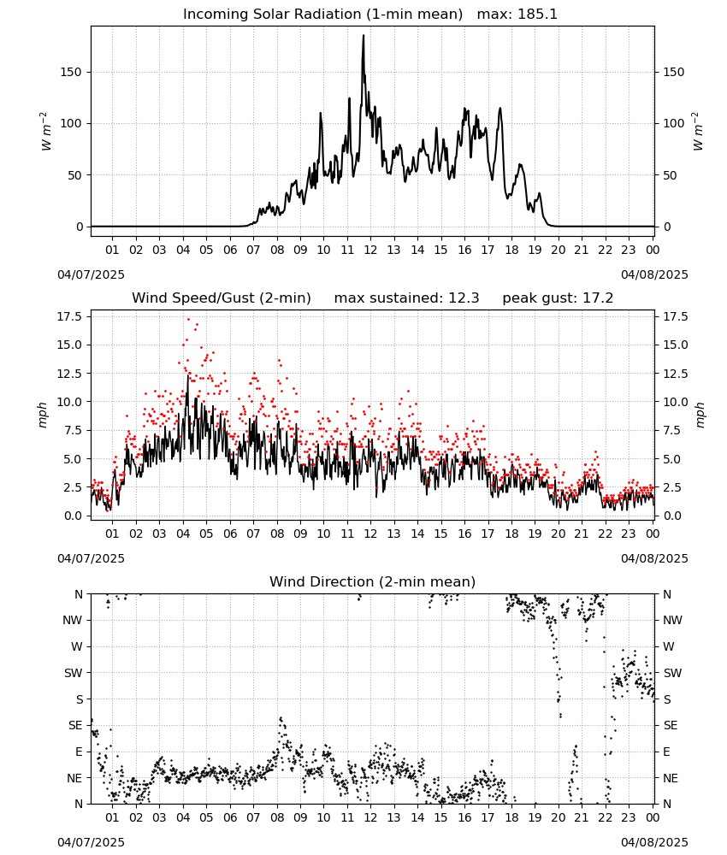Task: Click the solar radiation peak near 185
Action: pos(363,36)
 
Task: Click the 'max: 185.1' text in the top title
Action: pos(517,15)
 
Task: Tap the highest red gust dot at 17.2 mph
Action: pos(189,320)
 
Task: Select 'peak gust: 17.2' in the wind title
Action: pos(558,298)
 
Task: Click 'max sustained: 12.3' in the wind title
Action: pos(406,298)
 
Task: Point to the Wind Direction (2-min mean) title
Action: pos(373,581)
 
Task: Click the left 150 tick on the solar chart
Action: pos(72,73)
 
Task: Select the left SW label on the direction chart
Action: pos(74,673)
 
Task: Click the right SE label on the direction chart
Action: pos(671,725)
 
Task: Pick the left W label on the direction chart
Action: pos(77,646)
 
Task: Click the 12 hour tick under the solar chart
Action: pos(370,251)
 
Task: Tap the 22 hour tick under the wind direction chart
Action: pos(605,818)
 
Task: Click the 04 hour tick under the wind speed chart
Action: pos(183,534)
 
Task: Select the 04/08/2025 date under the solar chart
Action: pos(654,274)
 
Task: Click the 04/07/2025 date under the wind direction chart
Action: pos(91,842)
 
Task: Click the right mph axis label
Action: pos(700,415)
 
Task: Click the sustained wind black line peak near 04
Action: pos(188,375)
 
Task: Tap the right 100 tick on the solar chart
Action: pos(674,124)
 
